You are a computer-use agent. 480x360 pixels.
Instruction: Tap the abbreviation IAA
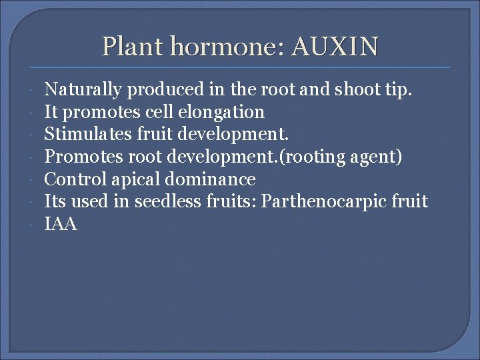pos(61,225)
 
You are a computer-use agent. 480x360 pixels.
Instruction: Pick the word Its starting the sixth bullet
pos(55,201)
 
